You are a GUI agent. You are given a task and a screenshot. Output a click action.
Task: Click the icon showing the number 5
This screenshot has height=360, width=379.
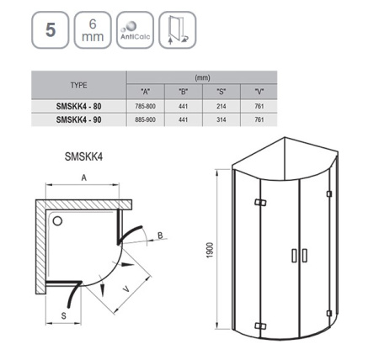49,33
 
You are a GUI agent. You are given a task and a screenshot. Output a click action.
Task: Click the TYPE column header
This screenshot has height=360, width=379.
77,84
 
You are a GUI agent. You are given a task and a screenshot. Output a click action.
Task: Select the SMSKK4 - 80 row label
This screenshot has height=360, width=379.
77,105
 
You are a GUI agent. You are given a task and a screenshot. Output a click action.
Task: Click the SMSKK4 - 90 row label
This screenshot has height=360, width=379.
77,120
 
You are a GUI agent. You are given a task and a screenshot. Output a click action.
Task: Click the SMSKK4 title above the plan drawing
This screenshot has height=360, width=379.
84,155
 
